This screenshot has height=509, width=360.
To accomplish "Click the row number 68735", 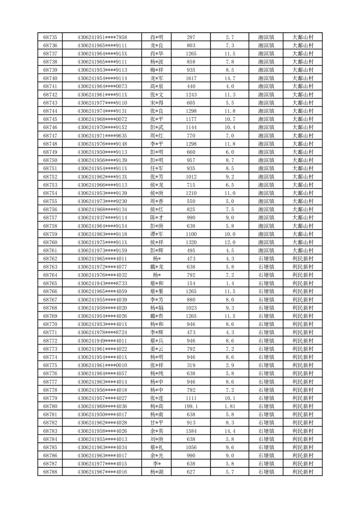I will click(x=50, y=37).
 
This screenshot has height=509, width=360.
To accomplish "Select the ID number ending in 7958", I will click(x=102, y=37).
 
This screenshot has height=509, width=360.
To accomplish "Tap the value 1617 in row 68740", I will click(x=191, y=78).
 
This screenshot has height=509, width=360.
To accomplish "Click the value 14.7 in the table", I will click(x=230, y=78).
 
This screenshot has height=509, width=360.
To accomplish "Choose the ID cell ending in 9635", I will click(x=102, y=136).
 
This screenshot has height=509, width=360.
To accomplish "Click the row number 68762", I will click(x=50, y=259).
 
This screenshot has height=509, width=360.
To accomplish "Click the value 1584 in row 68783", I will click(x=191, y=431).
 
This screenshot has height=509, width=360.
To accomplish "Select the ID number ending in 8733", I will click(x=102, y=283).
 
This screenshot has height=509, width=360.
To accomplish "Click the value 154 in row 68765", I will click(x=191, y=283).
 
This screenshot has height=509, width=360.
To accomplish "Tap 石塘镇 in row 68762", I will click(x=266, y=259).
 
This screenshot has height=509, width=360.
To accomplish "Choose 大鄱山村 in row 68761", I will click(x=303, y=250).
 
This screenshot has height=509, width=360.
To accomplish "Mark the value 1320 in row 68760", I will click(x=191, y=242).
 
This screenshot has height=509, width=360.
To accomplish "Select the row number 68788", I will click(x=50, y=472).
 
